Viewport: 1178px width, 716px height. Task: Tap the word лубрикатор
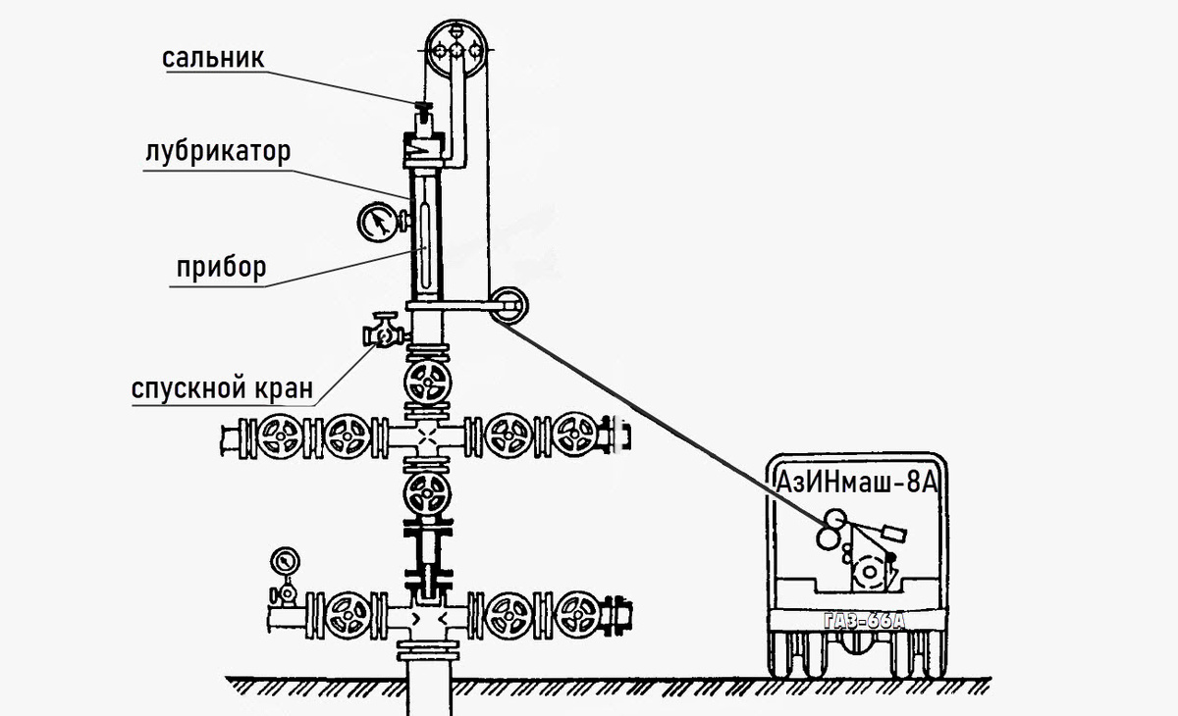(218, 153)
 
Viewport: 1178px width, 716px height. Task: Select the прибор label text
(221, 267)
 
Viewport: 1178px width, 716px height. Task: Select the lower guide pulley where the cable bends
(509, 304)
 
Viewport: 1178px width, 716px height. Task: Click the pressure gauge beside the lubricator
(377, 222)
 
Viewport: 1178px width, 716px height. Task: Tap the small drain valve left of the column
(382, 332)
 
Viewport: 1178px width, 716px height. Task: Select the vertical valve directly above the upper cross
(426, 381)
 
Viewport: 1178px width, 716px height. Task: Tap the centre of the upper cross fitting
(426, 435)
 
